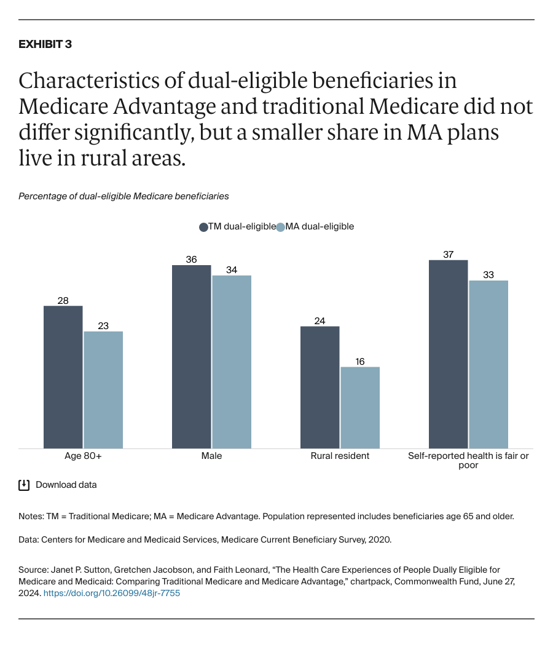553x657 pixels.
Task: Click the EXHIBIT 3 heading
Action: tap(45, 44)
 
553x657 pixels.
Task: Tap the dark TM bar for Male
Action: tap(191, 357)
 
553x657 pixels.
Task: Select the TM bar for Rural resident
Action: tap(320, 387)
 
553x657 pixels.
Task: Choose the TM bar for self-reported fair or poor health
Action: tap(448, 354)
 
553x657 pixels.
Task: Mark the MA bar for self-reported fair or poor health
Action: tap(488, 364)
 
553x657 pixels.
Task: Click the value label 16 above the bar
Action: tap(360, 361)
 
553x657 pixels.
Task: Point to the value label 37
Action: tap(448, 254)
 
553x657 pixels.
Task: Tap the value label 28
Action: tap(63, 300)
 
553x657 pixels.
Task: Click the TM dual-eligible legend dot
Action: tap(203, 227)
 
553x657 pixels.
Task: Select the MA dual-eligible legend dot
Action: tap(281, 227)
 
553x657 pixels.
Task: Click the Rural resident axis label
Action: tap(339, 456)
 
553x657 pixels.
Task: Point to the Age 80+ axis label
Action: tap(83, 456)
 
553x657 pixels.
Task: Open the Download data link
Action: tap(66, 485)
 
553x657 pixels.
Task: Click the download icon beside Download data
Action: tap(24, 485)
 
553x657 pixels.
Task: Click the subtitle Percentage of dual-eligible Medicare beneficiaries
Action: tap(124, 196)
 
